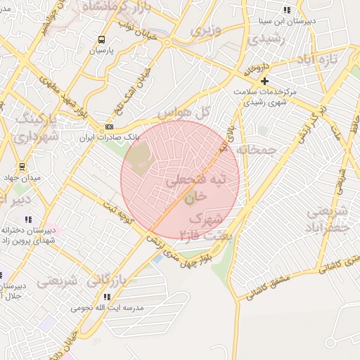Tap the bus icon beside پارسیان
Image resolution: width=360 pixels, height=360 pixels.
(102, 40)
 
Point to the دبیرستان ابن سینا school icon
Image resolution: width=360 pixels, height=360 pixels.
(286, 11)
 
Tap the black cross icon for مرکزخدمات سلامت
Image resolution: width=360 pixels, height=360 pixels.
(264, 82)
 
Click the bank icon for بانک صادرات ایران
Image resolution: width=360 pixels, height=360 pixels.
(108, 127)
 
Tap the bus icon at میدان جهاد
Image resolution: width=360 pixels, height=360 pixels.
(22, 167)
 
